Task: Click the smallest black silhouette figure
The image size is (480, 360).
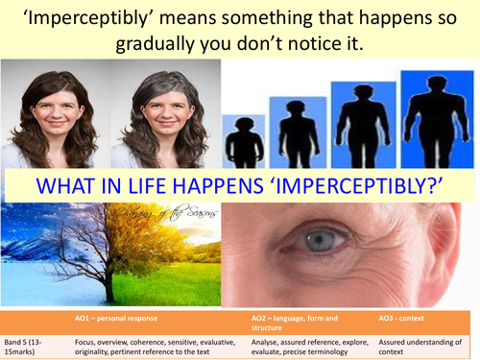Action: [244, 140]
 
